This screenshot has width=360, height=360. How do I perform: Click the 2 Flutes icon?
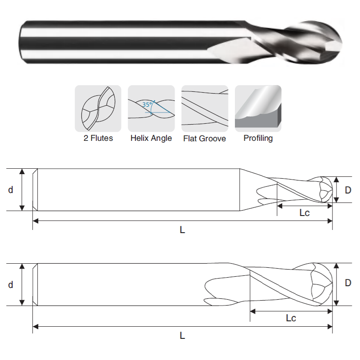point(98,108)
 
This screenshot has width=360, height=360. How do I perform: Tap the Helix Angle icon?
point(151,108)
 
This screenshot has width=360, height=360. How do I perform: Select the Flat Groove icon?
point(205,108)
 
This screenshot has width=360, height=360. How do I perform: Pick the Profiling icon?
point(258,108)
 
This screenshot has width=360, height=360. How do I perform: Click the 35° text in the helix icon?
point(147,104)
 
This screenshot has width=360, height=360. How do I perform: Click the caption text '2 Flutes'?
point(98,138)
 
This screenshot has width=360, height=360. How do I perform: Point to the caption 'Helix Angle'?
point(151,138)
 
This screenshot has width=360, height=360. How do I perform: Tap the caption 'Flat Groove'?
point(205,139)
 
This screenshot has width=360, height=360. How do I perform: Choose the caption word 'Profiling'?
point(258,138)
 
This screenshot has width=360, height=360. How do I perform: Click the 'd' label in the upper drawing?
point(10,190)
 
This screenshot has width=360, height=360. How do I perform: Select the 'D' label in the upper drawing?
point(348,190)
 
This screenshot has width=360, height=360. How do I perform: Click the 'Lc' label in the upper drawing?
point(305,213)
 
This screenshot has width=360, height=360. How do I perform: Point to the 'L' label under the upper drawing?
point(182,229)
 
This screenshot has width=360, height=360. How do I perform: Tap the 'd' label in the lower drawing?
point(10,285)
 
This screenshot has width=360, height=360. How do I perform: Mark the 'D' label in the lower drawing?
point(348,283)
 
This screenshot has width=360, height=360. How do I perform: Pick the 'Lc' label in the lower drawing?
point(291,318)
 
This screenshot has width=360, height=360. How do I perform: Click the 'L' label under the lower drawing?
point(182,336)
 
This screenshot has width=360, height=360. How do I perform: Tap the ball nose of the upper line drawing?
point(326,189)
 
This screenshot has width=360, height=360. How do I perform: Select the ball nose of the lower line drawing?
point(322,284)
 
